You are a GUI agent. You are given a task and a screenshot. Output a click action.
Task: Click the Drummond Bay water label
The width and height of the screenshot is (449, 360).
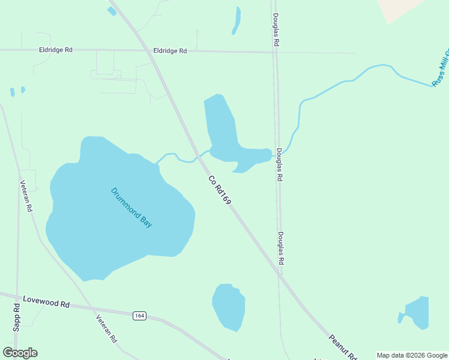[x=131, y=208]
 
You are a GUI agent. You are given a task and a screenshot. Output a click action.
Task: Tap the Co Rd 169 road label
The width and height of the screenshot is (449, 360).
[x=220, y=190]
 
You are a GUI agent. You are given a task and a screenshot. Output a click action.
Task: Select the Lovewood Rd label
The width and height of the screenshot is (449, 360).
[x=46, y=301]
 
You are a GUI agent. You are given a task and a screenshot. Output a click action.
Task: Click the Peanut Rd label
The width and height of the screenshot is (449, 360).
[x=343, y=347]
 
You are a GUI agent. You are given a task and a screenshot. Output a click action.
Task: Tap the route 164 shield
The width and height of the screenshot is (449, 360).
[x=139, y=316]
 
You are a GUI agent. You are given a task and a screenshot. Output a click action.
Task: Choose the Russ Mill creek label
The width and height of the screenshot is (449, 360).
[x=440, y=70]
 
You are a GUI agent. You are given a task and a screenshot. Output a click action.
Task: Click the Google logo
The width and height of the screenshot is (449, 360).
[x=20, y=352]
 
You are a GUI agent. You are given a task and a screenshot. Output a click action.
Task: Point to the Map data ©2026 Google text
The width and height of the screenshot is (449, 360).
[x=412, y=355]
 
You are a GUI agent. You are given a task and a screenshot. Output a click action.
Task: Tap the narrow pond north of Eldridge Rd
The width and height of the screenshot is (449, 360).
[x=237, y=20]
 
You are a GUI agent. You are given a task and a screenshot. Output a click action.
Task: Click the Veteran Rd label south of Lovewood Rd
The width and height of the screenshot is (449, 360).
[x=106, y=328]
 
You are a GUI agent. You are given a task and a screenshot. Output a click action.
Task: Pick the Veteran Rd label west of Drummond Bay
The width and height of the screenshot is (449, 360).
[x=26, y=197]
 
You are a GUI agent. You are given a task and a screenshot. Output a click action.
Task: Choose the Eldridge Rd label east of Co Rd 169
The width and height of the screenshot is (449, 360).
[x=170, y=51]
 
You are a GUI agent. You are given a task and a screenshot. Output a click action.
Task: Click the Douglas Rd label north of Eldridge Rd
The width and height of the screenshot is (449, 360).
[x=276, y=30]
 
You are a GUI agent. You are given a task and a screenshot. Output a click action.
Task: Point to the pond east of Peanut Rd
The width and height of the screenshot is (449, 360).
[x=416, y=312]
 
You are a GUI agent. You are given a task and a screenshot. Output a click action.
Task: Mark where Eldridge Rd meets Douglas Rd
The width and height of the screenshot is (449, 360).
[x=276, y=52]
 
